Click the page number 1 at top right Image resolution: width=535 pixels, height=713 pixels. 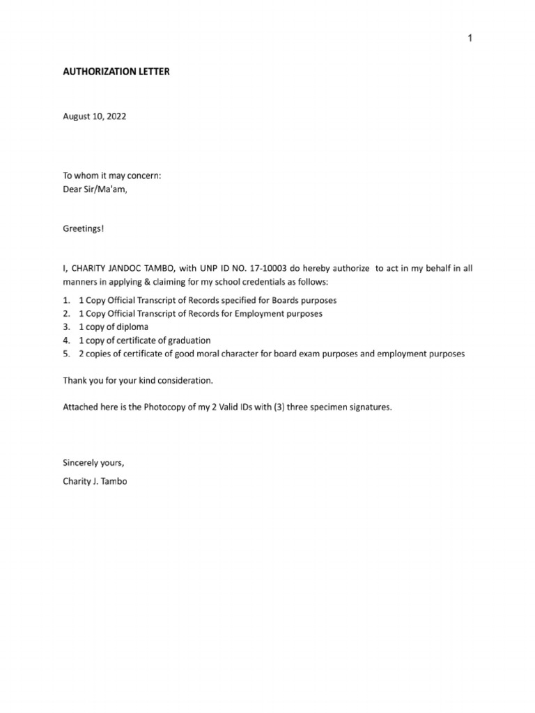tap(470, 38)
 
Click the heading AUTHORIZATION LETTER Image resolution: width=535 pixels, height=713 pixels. tap(116, 71)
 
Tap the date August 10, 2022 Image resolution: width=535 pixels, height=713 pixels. tap(95, 117)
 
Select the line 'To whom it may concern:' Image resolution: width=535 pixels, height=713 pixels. tap(112, 176)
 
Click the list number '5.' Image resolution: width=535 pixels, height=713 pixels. tap(67, 354)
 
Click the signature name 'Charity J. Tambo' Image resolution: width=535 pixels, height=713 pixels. tap(95, 480)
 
